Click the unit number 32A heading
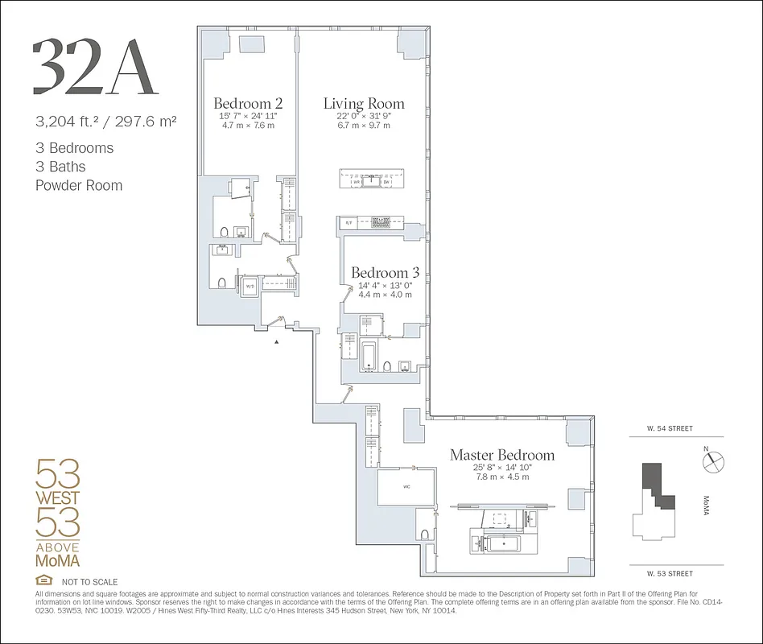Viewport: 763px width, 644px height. point(95,67)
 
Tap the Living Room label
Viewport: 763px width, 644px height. point(364,104)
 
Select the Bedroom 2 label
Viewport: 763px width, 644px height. point(248,104)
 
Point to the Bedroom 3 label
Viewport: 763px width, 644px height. point(385,274)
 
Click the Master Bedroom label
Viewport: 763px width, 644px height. point(501,456)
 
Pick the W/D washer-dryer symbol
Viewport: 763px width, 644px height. point(250,286)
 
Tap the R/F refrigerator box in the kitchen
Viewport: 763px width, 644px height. point(349,221)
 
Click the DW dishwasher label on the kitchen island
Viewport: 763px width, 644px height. point(386,183)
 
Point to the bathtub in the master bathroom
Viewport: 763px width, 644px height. point(494,544)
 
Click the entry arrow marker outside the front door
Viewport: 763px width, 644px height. point(278,342)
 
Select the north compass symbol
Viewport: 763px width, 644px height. point(712,461)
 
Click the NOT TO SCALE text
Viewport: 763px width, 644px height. point(89,582)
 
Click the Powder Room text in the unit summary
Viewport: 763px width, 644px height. point(79,185)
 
